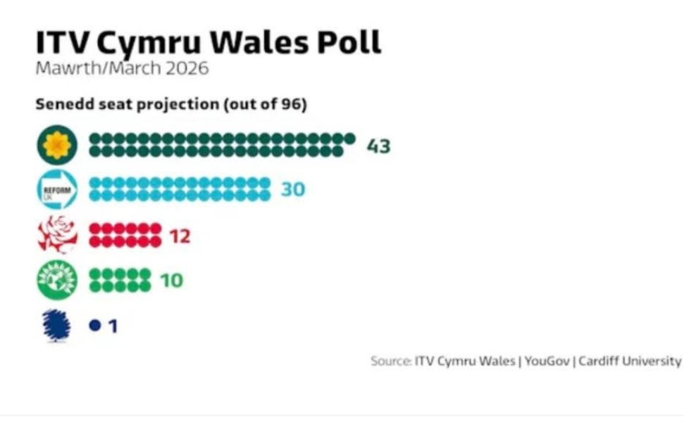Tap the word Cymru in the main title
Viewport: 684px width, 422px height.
149,45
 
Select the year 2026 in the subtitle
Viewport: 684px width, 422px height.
187,68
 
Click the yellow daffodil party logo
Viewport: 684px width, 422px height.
57,145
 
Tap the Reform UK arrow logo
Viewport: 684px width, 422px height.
57,190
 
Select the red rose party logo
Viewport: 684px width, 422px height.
57,235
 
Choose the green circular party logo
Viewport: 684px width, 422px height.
57,280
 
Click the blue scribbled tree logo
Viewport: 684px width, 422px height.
56,326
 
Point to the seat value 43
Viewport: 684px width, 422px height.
379,146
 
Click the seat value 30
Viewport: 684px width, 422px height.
293,189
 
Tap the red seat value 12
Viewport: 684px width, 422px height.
180,236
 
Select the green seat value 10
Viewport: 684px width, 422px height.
171,281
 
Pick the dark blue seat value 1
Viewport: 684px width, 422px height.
113,326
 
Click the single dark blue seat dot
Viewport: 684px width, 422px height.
95,326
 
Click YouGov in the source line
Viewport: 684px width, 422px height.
547,361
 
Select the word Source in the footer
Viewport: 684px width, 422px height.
390,361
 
